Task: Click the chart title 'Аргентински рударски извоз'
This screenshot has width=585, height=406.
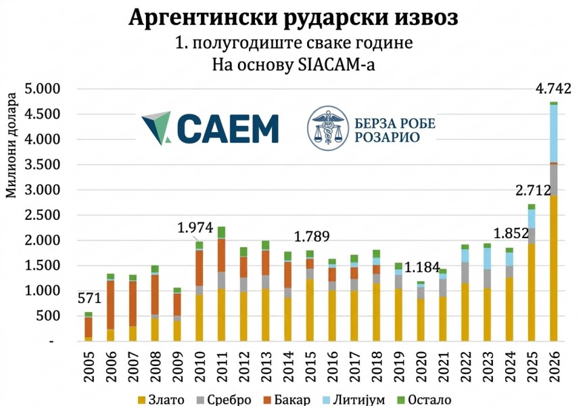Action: pyautogui.click(x=294, y=17)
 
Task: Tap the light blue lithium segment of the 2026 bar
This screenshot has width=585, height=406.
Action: pyautogui.click(x=554, y=133)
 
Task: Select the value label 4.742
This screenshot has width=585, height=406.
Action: pyautogui.click(x=553, y=89)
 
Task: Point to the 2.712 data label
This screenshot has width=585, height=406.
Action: pyautogui.click(x=534, y=190)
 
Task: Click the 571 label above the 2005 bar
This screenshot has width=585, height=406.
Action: pyautogui.click(x=89, y=298)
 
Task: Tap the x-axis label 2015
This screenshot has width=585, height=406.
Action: pyautogui.click(x=310, y=367)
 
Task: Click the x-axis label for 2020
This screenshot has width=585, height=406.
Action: pyautogui.click(x=421, y=367)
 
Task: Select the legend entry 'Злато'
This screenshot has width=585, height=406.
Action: pyautogui.click(x=161, y=400)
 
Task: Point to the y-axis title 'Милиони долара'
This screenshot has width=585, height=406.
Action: pyautogui.click(x=11, y=145)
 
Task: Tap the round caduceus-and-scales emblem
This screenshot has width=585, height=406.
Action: pyautogui.click(x=327, y=128)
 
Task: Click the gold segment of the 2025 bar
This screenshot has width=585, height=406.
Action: pyautogui.click(x=532, y=292)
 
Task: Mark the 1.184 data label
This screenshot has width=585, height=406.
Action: pyautogui.click(x=422, y=267)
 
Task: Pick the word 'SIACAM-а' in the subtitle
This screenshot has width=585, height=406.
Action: pyautogui.click(x=337, y=64)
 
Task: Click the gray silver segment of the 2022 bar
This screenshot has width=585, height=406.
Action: pyautogui.click(x=465, y=273)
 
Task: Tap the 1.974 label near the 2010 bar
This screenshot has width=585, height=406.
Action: pyautogui.click(x=195, y=227)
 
